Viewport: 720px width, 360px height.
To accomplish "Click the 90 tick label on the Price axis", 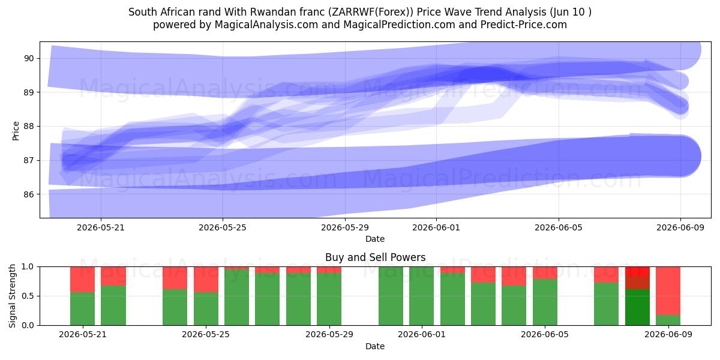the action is [x=29, y=59].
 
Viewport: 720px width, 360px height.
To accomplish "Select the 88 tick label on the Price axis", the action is [x=29, y=127].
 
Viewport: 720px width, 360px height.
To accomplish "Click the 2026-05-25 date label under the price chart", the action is [x=223, y=227].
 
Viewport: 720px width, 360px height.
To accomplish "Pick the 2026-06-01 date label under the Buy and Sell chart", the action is [x=422, y=335].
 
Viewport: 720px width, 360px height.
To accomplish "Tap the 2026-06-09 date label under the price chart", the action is [x=680, y=227].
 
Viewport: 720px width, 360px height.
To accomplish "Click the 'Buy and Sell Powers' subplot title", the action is [x=375, y=257].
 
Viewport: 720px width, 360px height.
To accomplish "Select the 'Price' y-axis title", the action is [x=16, y=131].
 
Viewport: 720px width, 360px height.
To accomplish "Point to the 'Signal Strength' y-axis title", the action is [x=12, y=296].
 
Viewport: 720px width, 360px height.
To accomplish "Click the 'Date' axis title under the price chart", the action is [x=375, y=239].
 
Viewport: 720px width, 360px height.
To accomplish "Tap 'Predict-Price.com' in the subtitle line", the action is [x=524, y=25].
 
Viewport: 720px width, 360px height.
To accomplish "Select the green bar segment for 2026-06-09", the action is [x=668, y=320].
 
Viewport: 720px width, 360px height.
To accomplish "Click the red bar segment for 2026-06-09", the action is [x=668, y=291].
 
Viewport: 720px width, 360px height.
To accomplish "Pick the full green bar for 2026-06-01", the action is [x=422, y=296].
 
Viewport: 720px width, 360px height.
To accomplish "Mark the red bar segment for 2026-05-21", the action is [x=83, y=280].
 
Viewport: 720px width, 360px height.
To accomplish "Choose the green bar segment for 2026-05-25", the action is [x=206, y=309].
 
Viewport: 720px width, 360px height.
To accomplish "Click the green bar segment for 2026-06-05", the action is [x=545, y=302].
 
